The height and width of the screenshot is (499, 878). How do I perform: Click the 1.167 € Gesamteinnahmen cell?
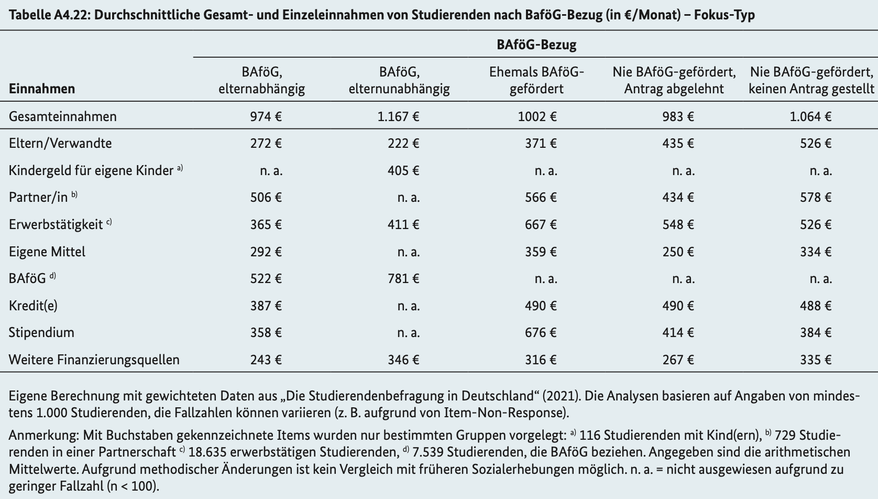398,116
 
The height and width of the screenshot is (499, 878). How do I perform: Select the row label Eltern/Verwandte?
60,143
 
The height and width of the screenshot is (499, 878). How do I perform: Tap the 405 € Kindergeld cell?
403,171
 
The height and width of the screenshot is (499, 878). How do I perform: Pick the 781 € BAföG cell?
403,278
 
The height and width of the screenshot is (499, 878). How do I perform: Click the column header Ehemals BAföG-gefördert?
536,80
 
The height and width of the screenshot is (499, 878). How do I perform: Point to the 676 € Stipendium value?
541,333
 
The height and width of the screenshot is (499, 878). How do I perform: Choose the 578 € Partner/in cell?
815,197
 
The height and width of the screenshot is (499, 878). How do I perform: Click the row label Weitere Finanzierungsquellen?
94,360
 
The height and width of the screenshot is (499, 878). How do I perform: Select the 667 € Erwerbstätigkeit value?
541,224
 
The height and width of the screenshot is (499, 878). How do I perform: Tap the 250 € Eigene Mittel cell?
678,252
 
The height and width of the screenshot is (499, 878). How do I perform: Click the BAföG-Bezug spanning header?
536,45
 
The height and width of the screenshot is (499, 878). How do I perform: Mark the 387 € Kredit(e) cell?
266,306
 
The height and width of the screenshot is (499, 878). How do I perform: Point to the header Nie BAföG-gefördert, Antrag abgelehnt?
674,80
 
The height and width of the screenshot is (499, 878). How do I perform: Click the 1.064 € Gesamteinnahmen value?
810,116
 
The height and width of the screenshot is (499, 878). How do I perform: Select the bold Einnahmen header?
42,89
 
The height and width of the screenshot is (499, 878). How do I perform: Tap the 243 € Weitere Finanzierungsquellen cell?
266,360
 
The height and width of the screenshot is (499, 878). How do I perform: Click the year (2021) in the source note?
561,396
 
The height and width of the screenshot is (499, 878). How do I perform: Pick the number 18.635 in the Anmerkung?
207,452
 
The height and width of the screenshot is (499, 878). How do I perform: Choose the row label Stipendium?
41,333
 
